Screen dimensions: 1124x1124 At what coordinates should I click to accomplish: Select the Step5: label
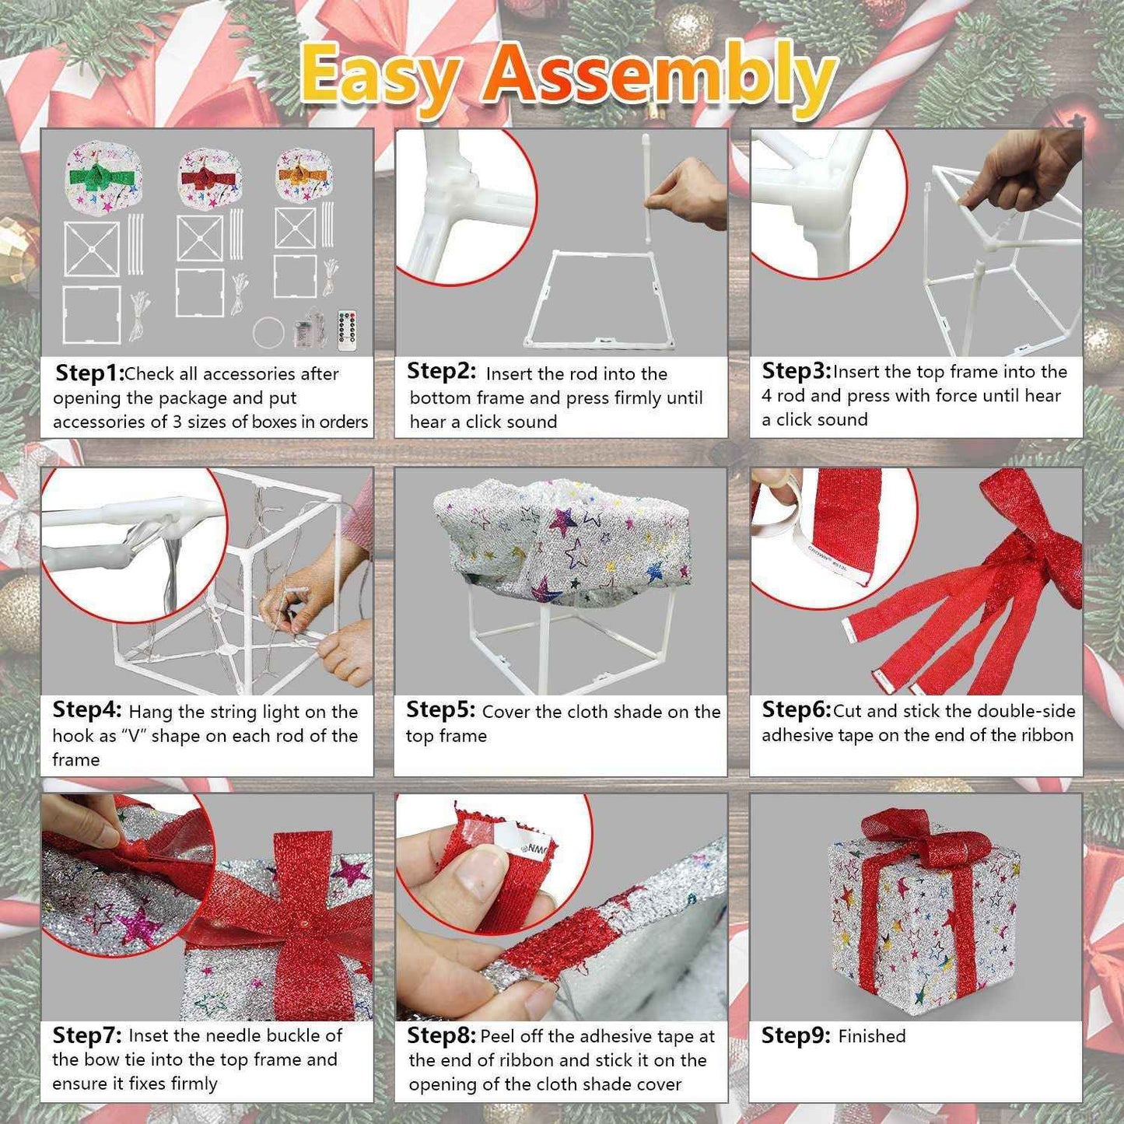(x=440, y=710)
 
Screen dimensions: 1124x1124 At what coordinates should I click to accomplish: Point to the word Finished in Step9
(x=872, y=1036)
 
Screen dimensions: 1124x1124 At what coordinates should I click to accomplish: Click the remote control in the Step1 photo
(x=347, y=330)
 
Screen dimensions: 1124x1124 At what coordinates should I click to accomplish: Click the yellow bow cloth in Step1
(x=304, y=173)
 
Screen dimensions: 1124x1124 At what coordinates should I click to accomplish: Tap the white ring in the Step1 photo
(x=267, y=332)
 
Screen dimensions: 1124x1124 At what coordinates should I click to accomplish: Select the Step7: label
(x=86, y=1035)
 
